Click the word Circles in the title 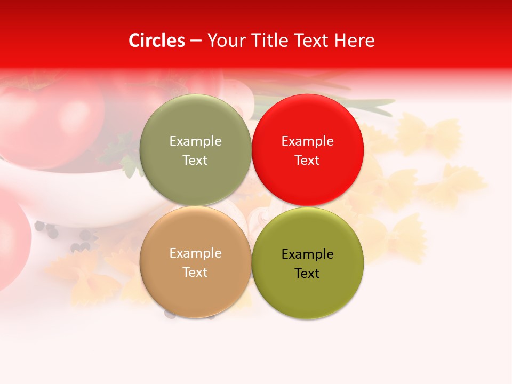coord(156,41)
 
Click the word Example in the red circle coord(307,141)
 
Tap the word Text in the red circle coord(307,160)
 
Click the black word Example coord(307,254)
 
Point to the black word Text coord(307,273)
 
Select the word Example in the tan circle coord(195,253)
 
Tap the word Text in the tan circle coord(195,272)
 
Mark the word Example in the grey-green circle coord(195,141)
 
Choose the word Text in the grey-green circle coord(195,160)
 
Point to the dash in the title coord(196,41)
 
